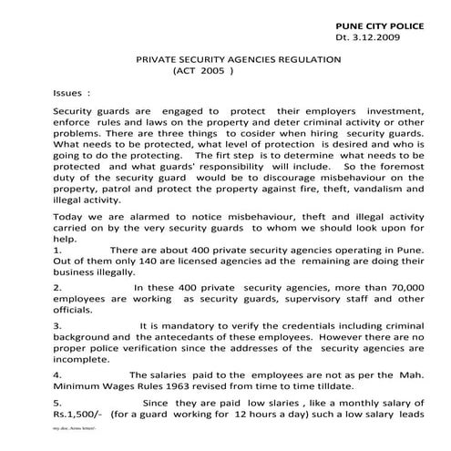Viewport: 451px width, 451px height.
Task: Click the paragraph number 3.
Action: tap(57, 324)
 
